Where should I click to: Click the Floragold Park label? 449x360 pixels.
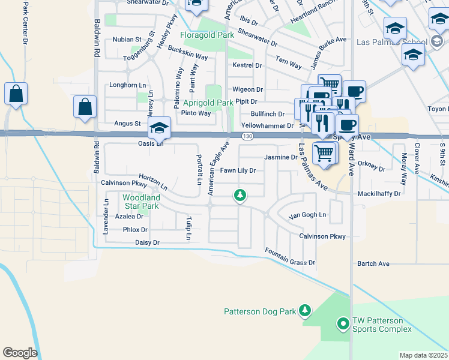tap(206, 35)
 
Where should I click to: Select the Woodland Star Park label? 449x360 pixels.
tap(140, 202)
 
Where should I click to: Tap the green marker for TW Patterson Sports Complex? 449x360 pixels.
tap(343, 324)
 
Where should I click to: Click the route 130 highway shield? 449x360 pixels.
tap(247, 137)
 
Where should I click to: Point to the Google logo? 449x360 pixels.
tap(20, 352)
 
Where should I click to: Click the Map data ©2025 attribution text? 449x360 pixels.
tap(423, 355)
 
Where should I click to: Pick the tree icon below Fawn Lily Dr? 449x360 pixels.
tap(240, 195)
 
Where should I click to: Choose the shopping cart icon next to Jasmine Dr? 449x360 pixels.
tap(324, 152)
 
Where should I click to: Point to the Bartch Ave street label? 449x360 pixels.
tap(373, 263)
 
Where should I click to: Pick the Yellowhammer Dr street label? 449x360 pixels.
tap(267, 126)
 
